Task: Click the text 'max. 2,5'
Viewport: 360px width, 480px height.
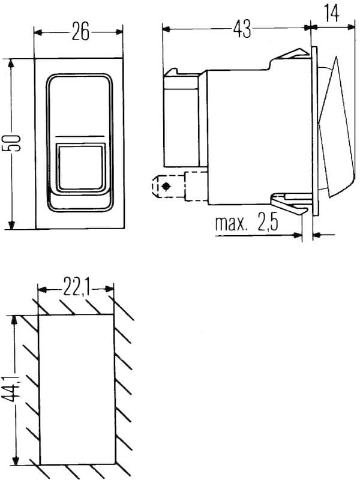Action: point(246,224)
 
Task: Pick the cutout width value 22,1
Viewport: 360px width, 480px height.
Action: point(76,289)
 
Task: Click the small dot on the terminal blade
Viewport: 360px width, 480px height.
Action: point(166,188)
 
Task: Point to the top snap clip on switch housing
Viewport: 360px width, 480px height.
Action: point(291,56)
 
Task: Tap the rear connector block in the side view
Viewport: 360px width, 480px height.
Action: point(184,117)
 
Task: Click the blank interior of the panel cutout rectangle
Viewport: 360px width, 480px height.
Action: point(76,390)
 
